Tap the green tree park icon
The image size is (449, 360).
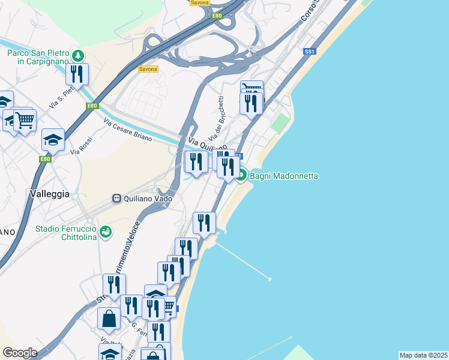click(77, 56)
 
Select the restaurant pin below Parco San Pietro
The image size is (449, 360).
click(77, 74)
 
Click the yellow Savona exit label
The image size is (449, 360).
click(148, 69)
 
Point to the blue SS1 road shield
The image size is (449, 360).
click(310, 51)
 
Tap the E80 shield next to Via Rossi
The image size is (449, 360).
click(46, 159)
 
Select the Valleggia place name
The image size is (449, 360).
click(49, 194)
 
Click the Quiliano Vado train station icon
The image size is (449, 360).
click(117, 198)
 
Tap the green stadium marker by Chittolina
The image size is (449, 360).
click(106, 231)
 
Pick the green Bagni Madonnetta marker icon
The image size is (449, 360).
click(241, 176)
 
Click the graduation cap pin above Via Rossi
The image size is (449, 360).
click(53, 140)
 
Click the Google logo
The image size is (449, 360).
click(20, 353)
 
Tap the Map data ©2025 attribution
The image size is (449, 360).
click(423, 355)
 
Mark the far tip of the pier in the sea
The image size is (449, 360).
click(270, 279)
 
